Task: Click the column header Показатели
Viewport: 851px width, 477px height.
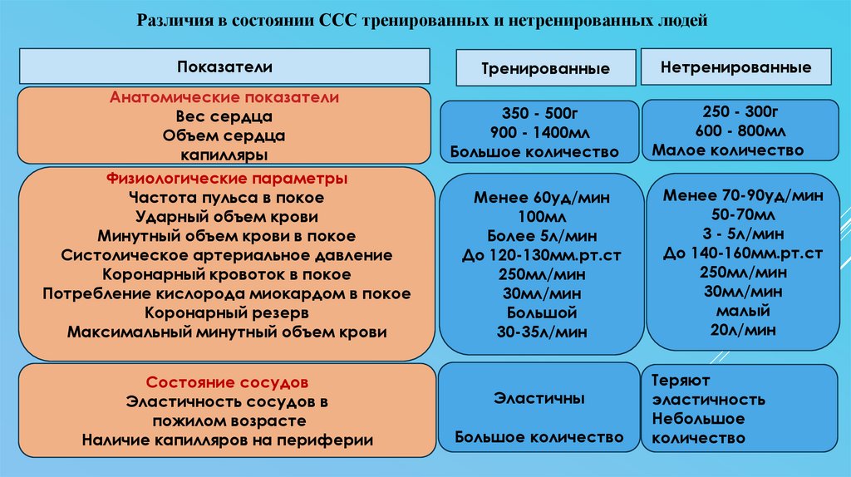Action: click(224, 66)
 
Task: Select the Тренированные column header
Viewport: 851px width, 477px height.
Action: click(546, 69)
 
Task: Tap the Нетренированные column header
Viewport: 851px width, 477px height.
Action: click(736, 67)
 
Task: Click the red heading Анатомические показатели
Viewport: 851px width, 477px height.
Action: click(224, 98)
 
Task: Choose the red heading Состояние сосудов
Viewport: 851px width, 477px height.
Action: click(227, 383)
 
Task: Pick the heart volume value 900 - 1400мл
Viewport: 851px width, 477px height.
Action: click(539, 133)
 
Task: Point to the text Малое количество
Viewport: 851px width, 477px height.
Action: click(728, 150)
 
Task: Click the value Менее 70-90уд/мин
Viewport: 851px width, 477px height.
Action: click(743, 196)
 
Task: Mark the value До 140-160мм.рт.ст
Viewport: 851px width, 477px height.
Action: click(743, 253)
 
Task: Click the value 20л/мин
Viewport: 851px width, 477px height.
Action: click(743, 329)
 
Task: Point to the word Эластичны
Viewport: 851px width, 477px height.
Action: click(539, 399)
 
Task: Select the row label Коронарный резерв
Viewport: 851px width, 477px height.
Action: click(227, 313)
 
